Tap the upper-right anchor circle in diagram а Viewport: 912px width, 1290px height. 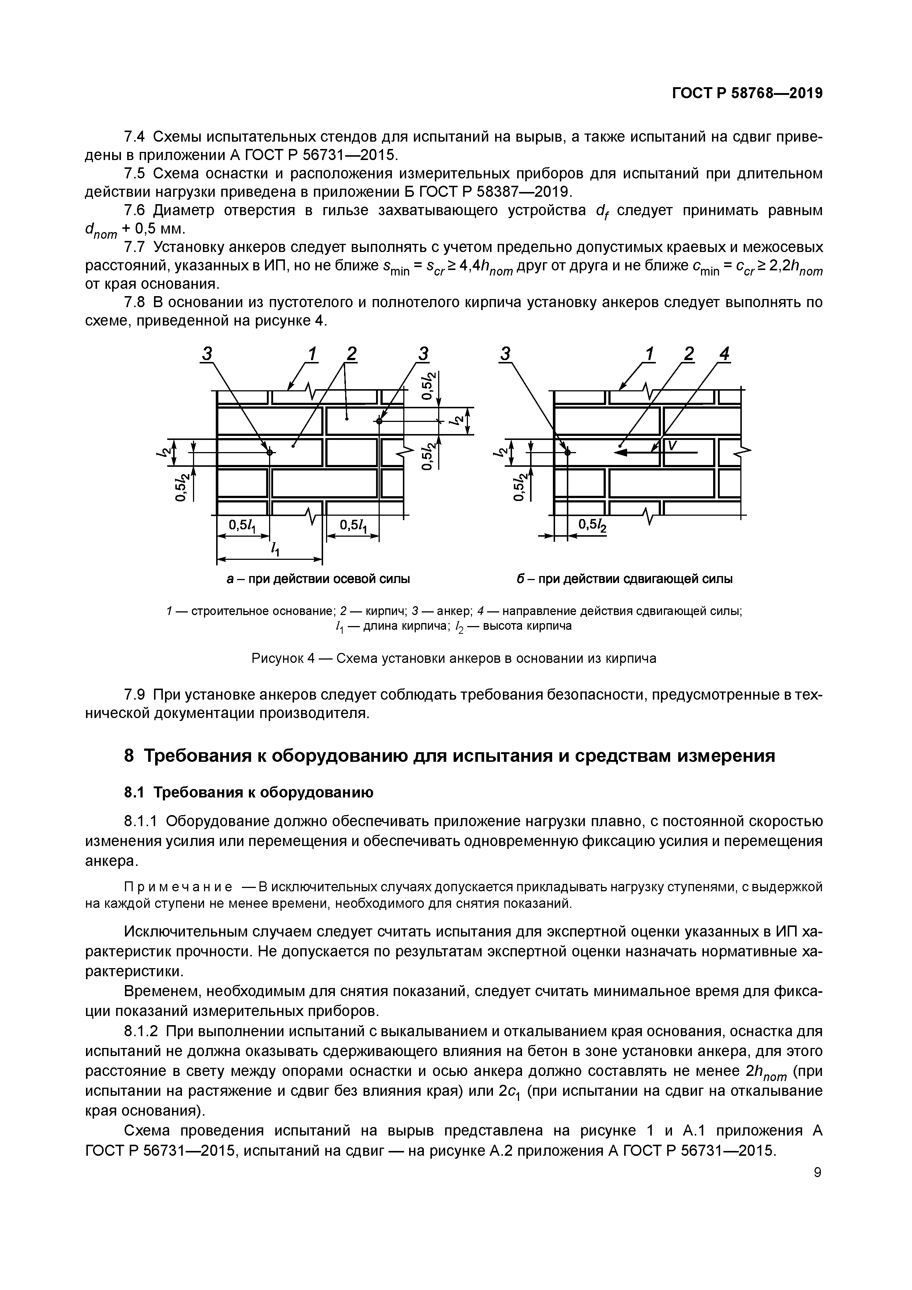[380, 421]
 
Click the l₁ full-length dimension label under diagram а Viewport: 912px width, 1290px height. [275, 549]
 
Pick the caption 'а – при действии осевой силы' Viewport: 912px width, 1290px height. [318, 579]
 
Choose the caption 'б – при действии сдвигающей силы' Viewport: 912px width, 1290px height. [625, 579]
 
